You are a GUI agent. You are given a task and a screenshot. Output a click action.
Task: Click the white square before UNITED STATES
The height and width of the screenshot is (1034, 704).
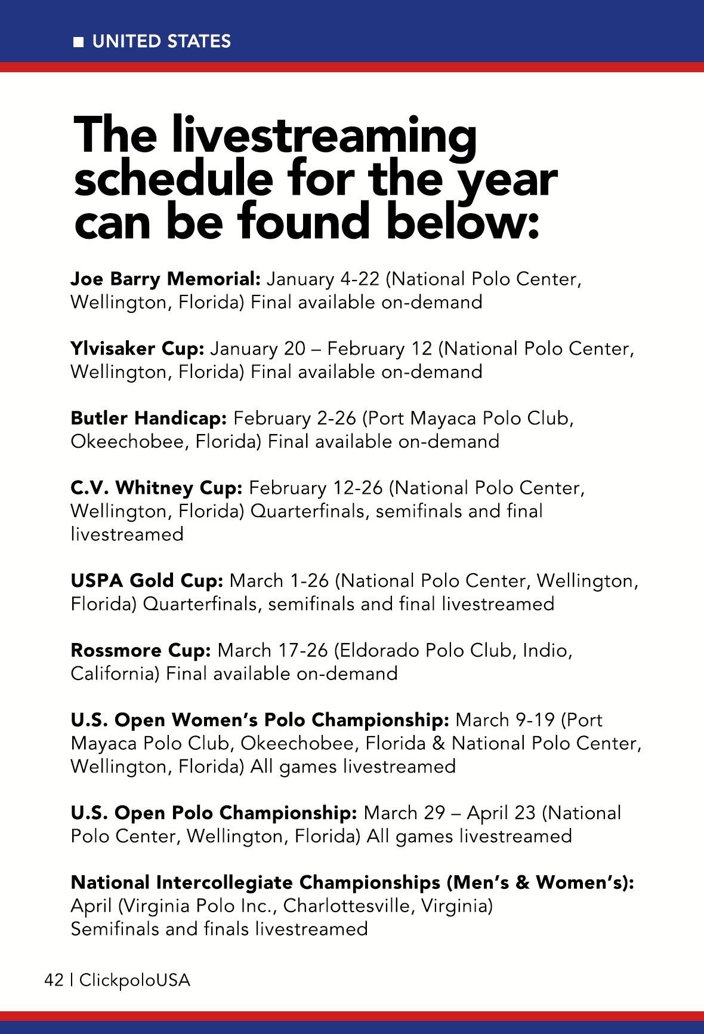pos(78,42)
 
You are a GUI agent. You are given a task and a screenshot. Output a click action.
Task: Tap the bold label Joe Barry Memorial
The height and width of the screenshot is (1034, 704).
pos(165,279)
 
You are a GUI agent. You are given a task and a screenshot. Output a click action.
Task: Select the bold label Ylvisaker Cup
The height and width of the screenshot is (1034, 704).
pos(137,348)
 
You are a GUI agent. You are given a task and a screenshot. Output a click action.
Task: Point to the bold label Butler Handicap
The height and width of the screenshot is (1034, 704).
pos(149,418)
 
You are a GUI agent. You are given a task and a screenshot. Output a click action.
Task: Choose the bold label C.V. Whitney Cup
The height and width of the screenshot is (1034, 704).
pos(156,488)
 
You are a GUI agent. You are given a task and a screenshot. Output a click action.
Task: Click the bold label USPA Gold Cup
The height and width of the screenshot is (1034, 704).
pos(147,580)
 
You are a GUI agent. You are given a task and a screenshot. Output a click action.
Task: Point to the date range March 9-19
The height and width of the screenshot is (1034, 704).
pos(505,720)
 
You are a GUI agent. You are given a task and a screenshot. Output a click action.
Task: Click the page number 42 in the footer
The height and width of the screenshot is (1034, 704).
pos(54,980)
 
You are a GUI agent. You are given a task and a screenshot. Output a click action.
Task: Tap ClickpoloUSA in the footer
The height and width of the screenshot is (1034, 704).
pos(135,980)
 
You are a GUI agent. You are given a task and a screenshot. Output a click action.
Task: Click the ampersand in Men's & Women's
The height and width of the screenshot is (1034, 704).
pos(523,882)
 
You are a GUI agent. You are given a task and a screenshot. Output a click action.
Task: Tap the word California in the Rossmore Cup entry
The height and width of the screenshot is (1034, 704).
pos(115,673)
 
